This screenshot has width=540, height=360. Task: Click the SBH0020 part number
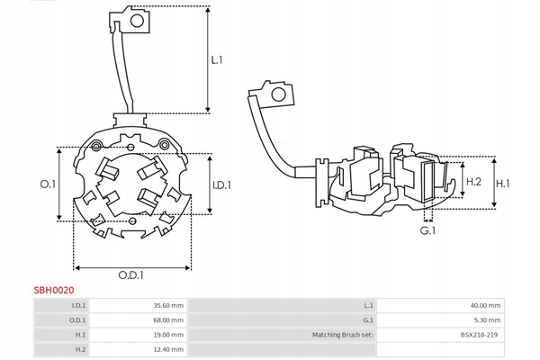click(54, 291)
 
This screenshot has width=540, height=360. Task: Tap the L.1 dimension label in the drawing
click(217, 60)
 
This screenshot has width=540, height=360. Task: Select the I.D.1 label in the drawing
click(220, 184)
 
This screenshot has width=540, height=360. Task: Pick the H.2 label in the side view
click(474, 183)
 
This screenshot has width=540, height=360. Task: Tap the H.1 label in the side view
click(503, 184)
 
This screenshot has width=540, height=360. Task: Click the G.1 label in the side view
click(427, 230)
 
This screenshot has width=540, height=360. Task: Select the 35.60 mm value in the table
click(168, 306)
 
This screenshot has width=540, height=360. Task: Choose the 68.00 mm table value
click(168, 320)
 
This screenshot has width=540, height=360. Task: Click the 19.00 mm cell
click(168, 335)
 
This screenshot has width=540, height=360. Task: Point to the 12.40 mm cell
click(168, 349)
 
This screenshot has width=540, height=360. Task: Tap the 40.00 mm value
click(487, 306)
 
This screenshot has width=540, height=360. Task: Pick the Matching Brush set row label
click(342, 335)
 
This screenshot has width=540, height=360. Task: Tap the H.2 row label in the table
click(79, 349)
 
